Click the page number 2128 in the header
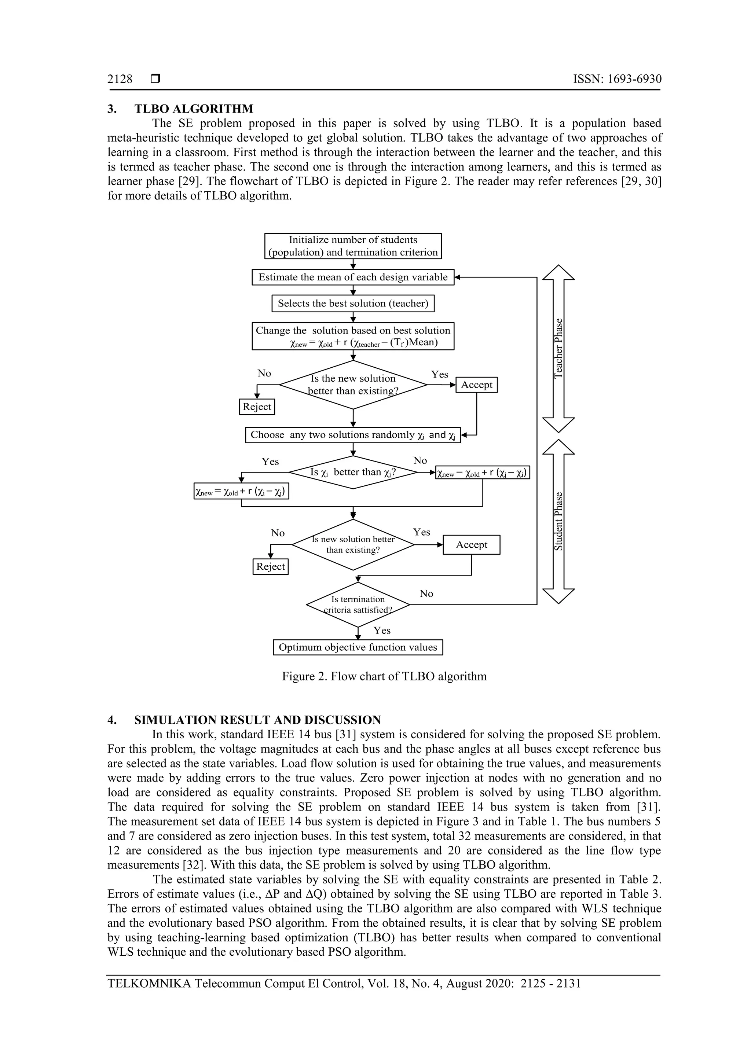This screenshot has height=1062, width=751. pyautogui.click(x=120, y=79)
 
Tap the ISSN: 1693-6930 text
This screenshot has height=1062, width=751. pyautogui.click(x=617, y=79)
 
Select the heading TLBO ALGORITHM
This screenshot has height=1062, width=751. pyautogui.click(x=194, y=109)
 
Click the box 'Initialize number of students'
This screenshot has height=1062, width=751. pyautogui.click(x=353, y=246)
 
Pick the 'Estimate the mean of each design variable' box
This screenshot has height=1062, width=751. pyautogui.click(x=353, y=277)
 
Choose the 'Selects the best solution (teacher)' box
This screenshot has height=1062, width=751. pyautogui.click(x=353, y=304)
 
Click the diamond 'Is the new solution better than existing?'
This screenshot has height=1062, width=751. pyautogui.click(x=353, y=385)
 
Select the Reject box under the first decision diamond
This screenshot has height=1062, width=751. pyautogui.click(x=257, y=407)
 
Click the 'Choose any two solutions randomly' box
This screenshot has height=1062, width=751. pyautogui.click(x=353, y=435)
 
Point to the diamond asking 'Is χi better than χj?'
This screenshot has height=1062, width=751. pyautogui.click(x=353, y=472)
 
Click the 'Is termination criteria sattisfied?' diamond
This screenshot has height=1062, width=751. pyautogui.click(x=358, y=605)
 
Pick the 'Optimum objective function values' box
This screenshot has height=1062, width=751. pyautogui.click(x=358, y=647)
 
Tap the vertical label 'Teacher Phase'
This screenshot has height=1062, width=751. pyautogui.click(x=558, y=348)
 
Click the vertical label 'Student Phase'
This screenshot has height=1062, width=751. pyautogui.click(x=558, y=521)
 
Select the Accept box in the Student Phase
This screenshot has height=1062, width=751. pyautogui.click(x=471, y=545)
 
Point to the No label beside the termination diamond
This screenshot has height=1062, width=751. pyautogui.click(x=426, y=594)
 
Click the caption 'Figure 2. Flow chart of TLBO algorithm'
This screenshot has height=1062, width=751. pyautogui.click(x=384, y=676)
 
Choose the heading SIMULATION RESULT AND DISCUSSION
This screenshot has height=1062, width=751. pyautogui.click(x=257, y=720)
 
